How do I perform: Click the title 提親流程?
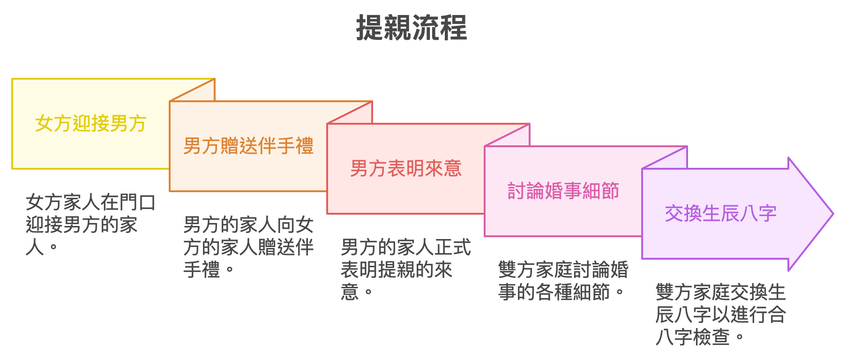tap(412, 28)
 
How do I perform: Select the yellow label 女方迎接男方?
tap(91, 124)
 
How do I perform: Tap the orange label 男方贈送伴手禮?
tap(248, 146)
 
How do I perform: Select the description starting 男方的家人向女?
tap(248, 247)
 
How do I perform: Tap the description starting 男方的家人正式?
tap(405, 270)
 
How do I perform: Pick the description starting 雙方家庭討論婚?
tap(563, 281)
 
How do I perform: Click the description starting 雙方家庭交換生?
tap(720, 314)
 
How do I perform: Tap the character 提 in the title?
tap(370, 28)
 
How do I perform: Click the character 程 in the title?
tap(454, 28)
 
